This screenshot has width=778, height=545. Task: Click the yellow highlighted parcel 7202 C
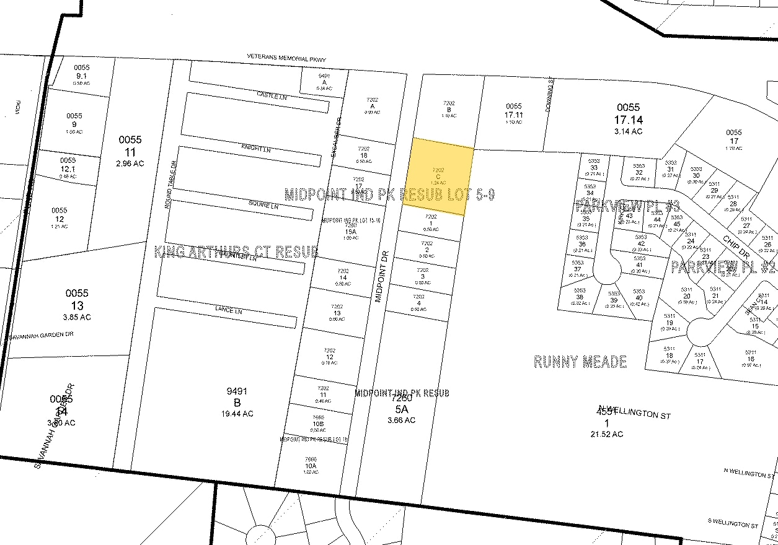[x=438, y=177]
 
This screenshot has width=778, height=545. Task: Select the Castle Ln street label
[x=272, y=96]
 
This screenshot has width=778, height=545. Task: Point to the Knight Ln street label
[x=256, y=149]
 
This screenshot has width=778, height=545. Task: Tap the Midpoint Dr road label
[x=381, y=277]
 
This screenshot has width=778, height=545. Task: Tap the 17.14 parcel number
[x=629, y=119]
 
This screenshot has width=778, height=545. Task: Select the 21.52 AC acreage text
[x=607, y=434]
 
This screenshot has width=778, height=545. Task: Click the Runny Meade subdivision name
[x=580, y=362]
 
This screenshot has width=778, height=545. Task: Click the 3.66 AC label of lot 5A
[x=401, y=421]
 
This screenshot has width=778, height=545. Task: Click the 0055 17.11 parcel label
[x=514, y=114]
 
